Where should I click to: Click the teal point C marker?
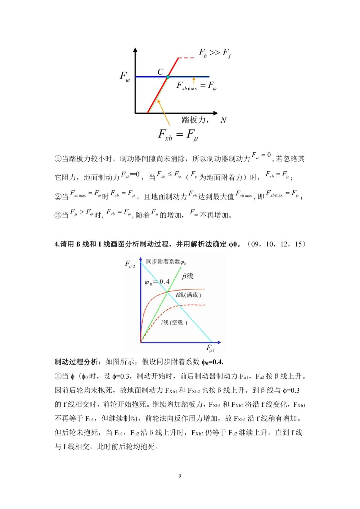click(x=168, y=77)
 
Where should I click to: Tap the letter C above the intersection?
click(x=161, y=72)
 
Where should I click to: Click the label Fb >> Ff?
click(x=215, y=53)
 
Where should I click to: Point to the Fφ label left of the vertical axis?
click(x=125, y=77)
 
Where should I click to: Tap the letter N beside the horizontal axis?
click(x=224, y=120)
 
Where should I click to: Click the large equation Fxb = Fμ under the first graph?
click(x=178, y=135)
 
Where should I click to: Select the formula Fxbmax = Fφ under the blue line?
click(x=196, y=86)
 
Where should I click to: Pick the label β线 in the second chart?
click(x=188, y=276)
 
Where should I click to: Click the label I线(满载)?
click(x=188, y=295)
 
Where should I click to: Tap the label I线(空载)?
click(x=174, y=322)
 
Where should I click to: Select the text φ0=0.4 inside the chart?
click(x=157, y=282)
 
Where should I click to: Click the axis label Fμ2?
click(x=130, y=264)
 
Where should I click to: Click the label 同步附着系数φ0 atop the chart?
click(x=166, y=262)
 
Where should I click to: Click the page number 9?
click(x=180, y=476)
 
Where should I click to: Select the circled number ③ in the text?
click(x=58, y=215)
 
